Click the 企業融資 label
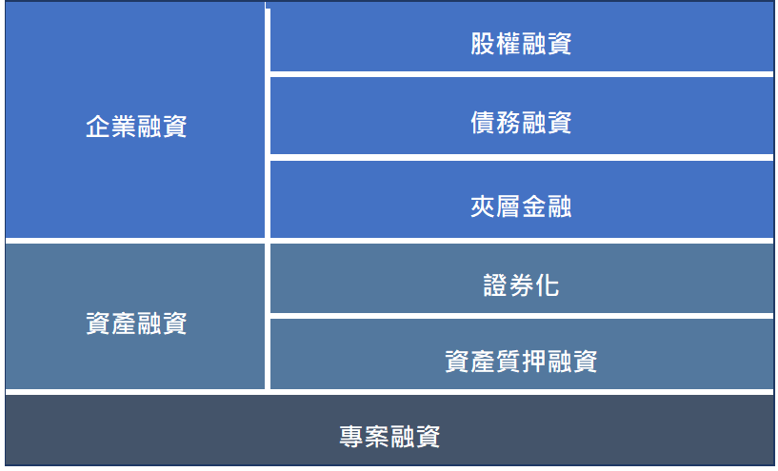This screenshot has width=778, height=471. coord(136,127)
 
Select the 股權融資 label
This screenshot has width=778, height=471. coord(521,44)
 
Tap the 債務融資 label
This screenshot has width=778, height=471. coord(521,123)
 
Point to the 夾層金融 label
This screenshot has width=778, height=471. coord(521,206)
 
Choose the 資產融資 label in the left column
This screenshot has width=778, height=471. coord(136,324)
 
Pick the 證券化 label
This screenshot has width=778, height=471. coord(521,285)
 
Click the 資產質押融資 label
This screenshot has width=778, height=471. coord(521,361)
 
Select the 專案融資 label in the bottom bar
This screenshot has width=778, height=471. coord(390,437)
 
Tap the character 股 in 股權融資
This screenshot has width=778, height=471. coord(483,44)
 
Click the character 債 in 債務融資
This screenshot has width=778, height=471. coord(483,123)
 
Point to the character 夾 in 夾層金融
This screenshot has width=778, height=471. coord(483,206)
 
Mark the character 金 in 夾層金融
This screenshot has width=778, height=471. coord(534,206)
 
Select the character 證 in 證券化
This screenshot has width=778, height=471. coord(496,285)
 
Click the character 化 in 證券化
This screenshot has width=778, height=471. coord(547,285)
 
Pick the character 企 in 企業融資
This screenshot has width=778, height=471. coord(98,127)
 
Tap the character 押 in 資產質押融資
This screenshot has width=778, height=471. coord(534,361)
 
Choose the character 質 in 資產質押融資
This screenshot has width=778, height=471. coord(509,361)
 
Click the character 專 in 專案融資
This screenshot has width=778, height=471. coord(351,437)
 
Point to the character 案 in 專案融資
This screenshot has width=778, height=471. coord(377,437)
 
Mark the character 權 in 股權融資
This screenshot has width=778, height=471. coord(509,44)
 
